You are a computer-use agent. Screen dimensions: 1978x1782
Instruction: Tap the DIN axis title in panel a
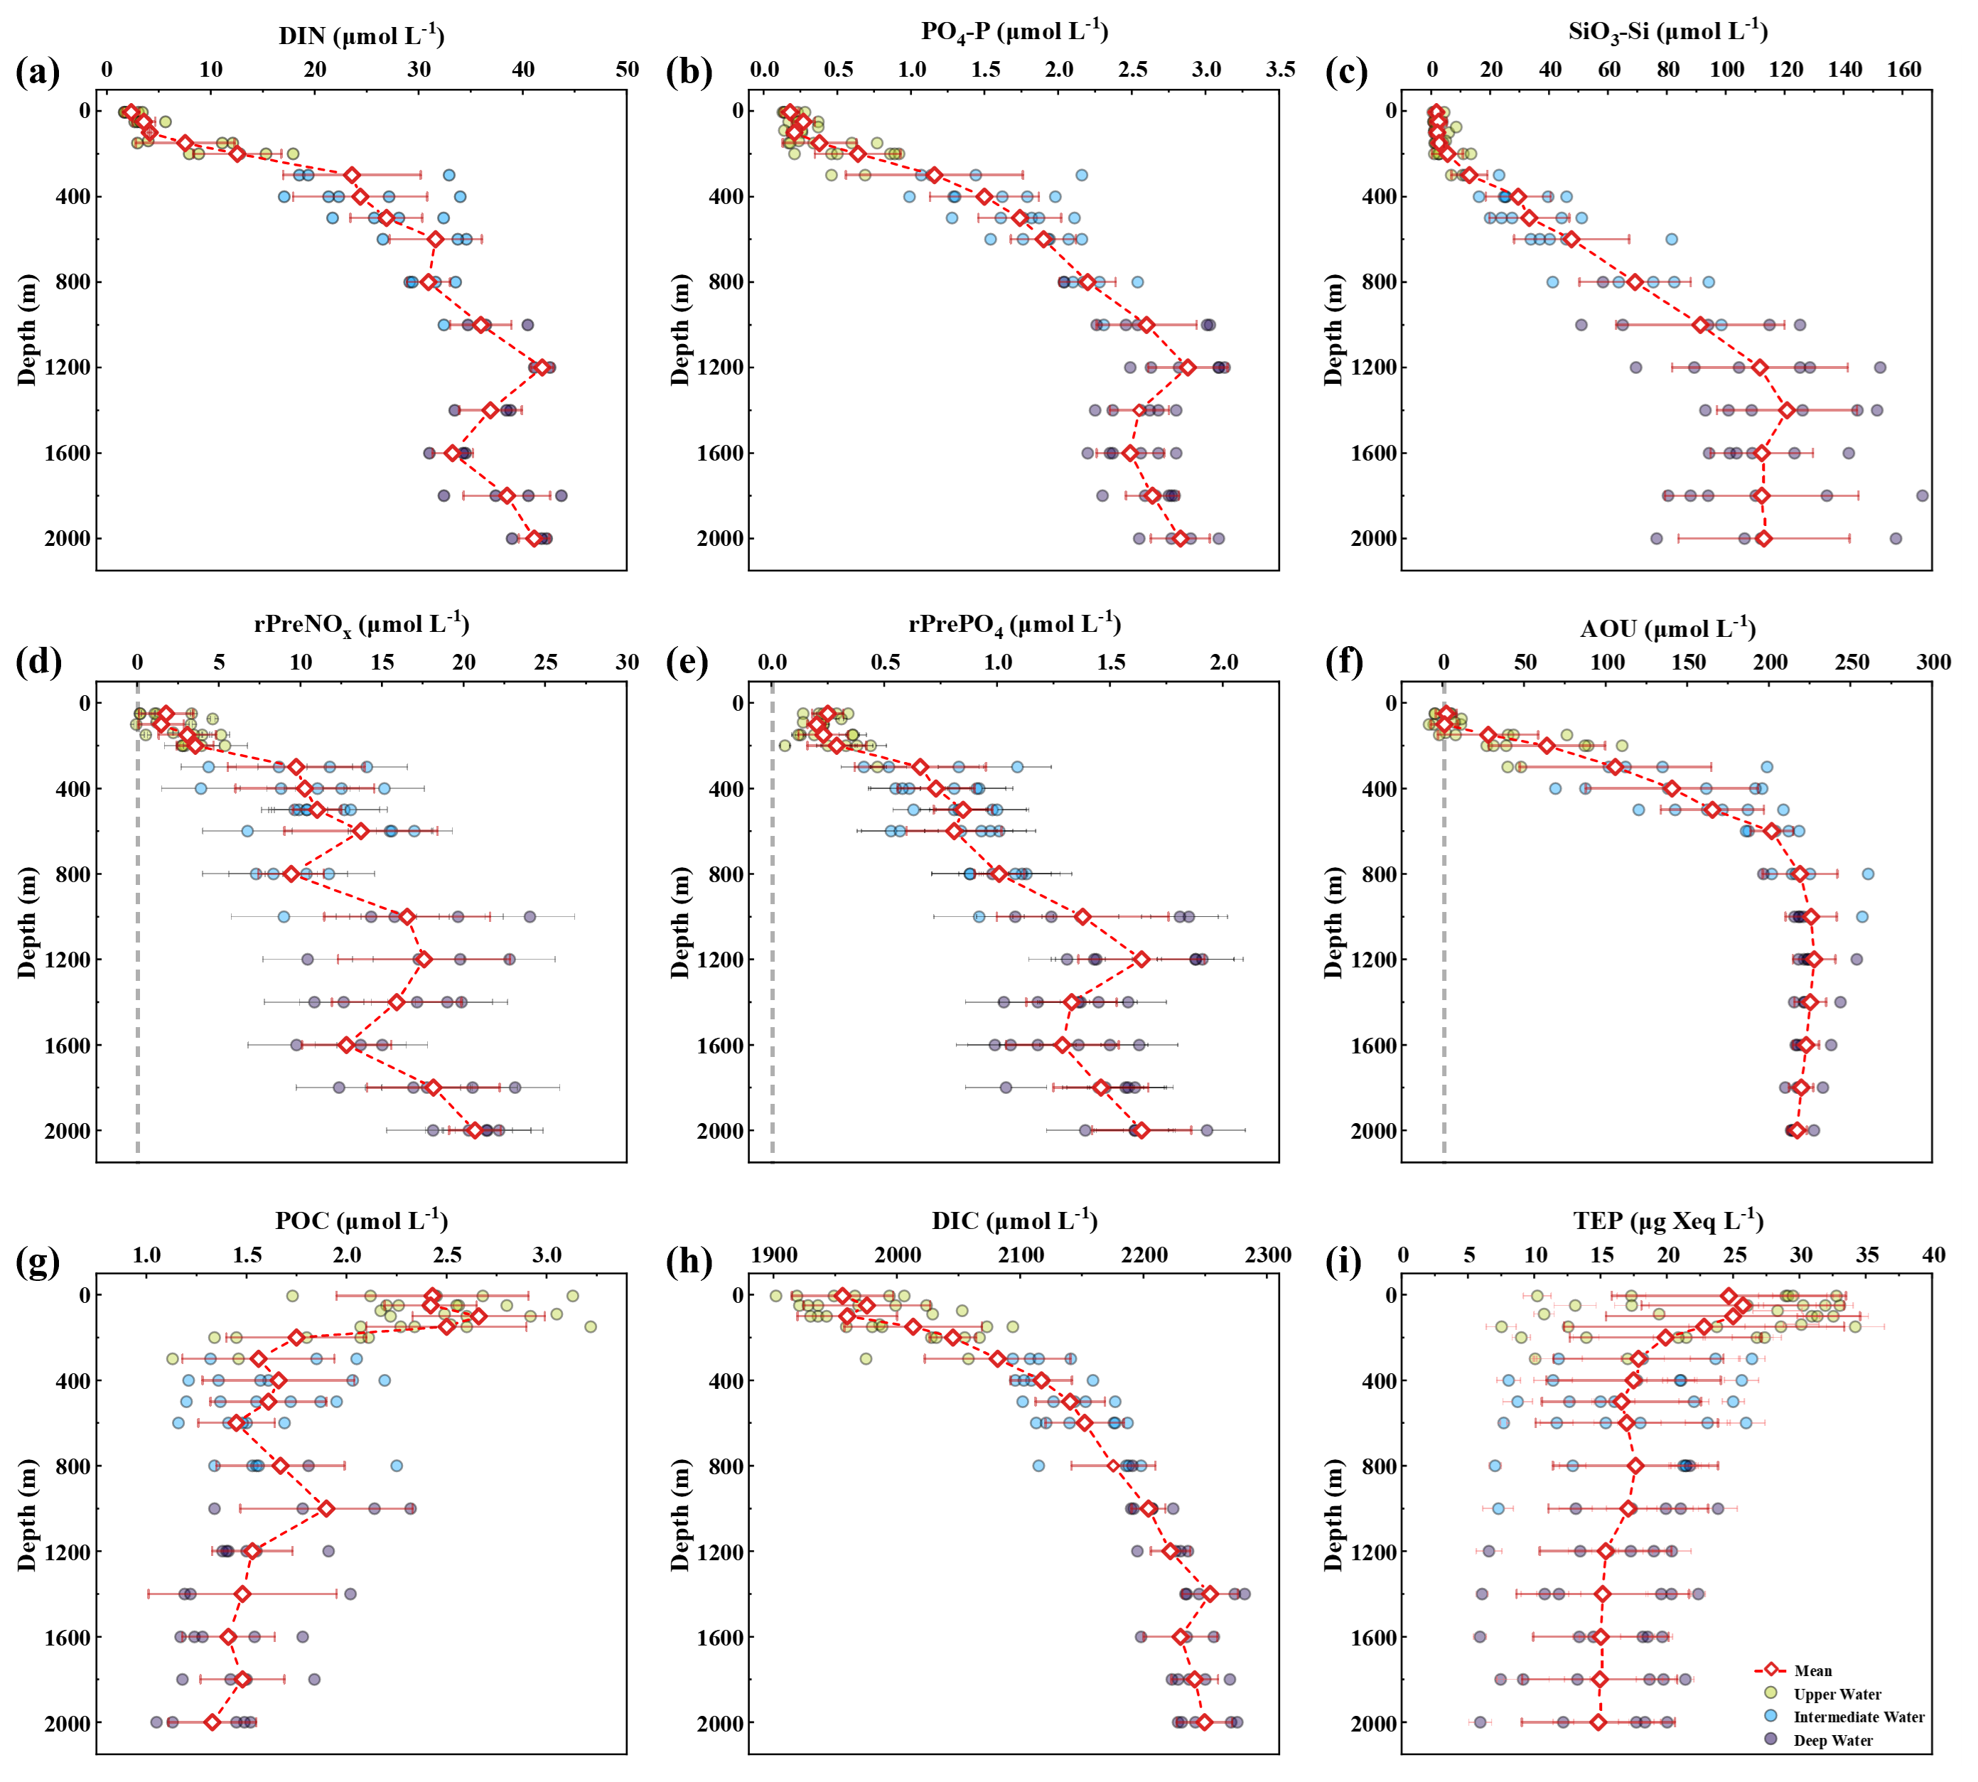(361, 36)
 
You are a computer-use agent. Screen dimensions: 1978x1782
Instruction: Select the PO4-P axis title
(1014, 32)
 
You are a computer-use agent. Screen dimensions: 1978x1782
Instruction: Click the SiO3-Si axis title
(1667, 32)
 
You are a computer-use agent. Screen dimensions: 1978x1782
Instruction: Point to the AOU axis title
(1667, 628)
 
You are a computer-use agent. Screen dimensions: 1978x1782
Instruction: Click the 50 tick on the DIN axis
(627, 70)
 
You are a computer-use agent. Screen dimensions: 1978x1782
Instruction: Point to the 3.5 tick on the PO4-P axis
(1280, 70)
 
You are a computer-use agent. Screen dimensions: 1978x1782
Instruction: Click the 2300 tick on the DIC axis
(1268, 1255)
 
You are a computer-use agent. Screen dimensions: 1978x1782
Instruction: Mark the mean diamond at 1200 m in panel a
(541, 367)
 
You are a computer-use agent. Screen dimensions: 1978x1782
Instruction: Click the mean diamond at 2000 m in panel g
(213, 1722)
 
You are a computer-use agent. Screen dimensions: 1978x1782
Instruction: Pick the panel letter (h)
(689, 1261)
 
